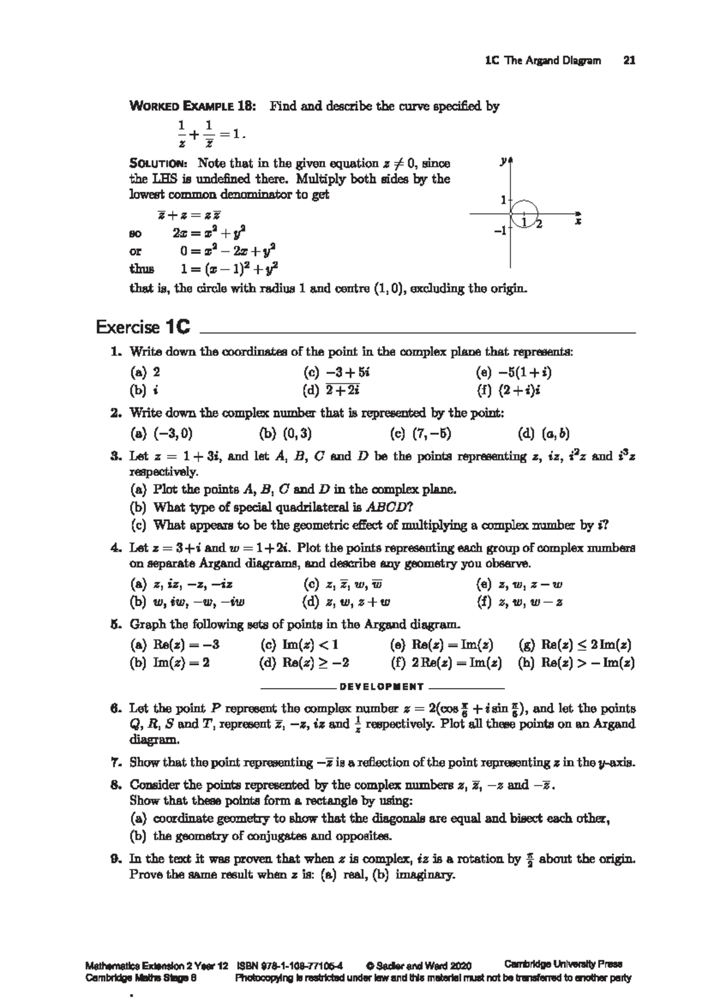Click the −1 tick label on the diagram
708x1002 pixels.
coord(500,231)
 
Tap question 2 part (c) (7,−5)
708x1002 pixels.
coord(421,434)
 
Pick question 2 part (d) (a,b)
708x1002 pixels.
coord(543,434)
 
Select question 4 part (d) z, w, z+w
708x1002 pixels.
coord(345,602)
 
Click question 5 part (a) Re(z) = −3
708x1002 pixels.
coord(174,644)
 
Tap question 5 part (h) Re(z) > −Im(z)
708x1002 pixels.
coord(576,663)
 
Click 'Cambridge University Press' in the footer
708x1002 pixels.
coord(563,964)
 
